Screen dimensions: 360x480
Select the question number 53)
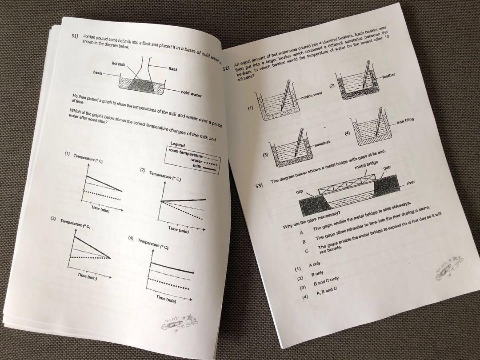(x=260, y=185)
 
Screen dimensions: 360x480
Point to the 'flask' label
(x=173, y=70)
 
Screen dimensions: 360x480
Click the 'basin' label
(x=99, y=72)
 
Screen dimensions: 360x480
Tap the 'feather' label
(x=388, y=76)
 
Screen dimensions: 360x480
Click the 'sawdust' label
(x=324, y=146)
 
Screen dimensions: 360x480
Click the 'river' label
(x=411, y=183)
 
